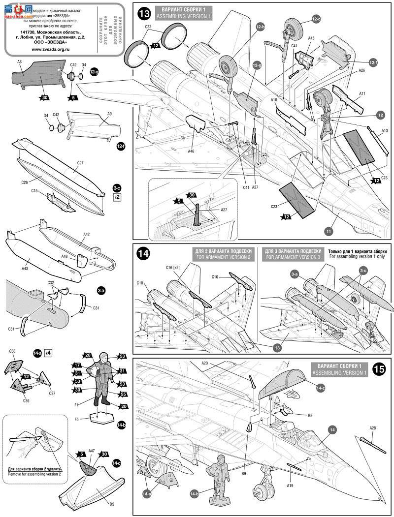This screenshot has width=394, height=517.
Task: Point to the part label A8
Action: pos(20,62)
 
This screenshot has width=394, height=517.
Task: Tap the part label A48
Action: pos(64,256)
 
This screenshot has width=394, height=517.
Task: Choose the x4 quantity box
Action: pos(48,352)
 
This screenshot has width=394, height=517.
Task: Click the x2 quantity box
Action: pos(117,197)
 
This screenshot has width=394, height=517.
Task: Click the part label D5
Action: pos(111,504)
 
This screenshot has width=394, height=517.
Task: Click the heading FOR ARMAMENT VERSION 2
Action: pos(224,257)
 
